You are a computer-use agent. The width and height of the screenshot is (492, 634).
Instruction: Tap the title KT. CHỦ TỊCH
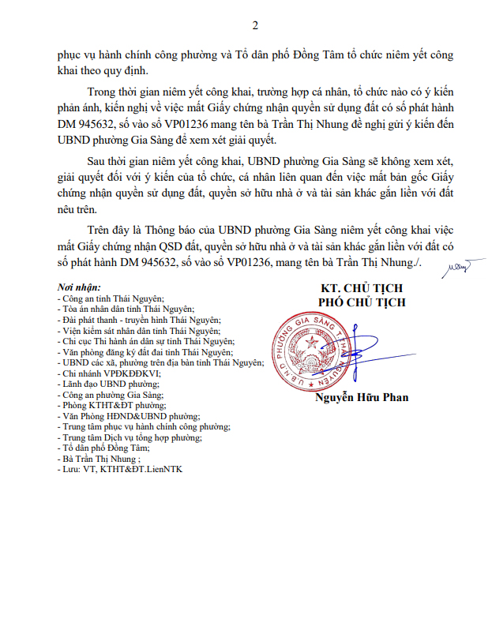pyautogui.click(x=362, y=287)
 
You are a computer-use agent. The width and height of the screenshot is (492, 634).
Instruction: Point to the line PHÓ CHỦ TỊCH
pyautogui.click(x=362, y=301)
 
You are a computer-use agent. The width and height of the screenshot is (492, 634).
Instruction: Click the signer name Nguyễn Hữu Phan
pyautogui.click(x=362, y=397)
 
